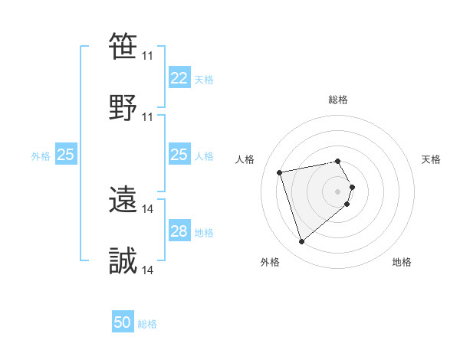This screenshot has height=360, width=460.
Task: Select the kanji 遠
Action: (123, 199)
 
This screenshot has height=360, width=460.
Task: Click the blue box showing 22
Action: (179, 78)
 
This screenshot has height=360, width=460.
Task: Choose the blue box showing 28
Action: (179, 231)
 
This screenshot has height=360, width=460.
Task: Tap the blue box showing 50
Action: (123, 322)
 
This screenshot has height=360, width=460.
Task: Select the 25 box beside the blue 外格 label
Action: (65, 155)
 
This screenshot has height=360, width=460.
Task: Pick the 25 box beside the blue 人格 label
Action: (179, 155)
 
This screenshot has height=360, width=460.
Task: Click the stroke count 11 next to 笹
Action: (148, 56)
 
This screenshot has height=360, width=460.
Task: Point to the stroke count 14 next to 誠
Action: (148, 270)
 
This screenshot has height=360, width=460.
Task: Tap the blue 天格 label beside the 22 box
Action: (204, 79)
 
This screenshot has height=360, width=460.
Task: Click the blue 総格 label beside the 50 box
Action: (147, 323)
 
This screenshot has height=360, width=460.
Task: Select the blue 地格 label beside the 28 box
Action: (204, 232)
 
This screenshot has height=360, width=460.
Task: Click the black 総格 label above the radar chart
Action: (338, 100)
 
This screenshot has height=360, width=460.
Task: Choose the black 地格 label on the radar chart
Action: (402, 262)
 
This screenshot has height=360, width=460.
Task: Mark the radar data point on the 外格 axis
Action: (301, 241)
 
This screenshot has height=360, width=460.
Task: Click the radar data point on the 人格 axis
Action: (280, 172)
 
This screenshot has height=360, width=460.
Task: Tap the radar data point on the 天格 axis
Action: (352, 187)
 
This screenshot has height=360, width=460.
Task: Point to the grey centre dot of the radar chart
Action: (338, 191)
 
